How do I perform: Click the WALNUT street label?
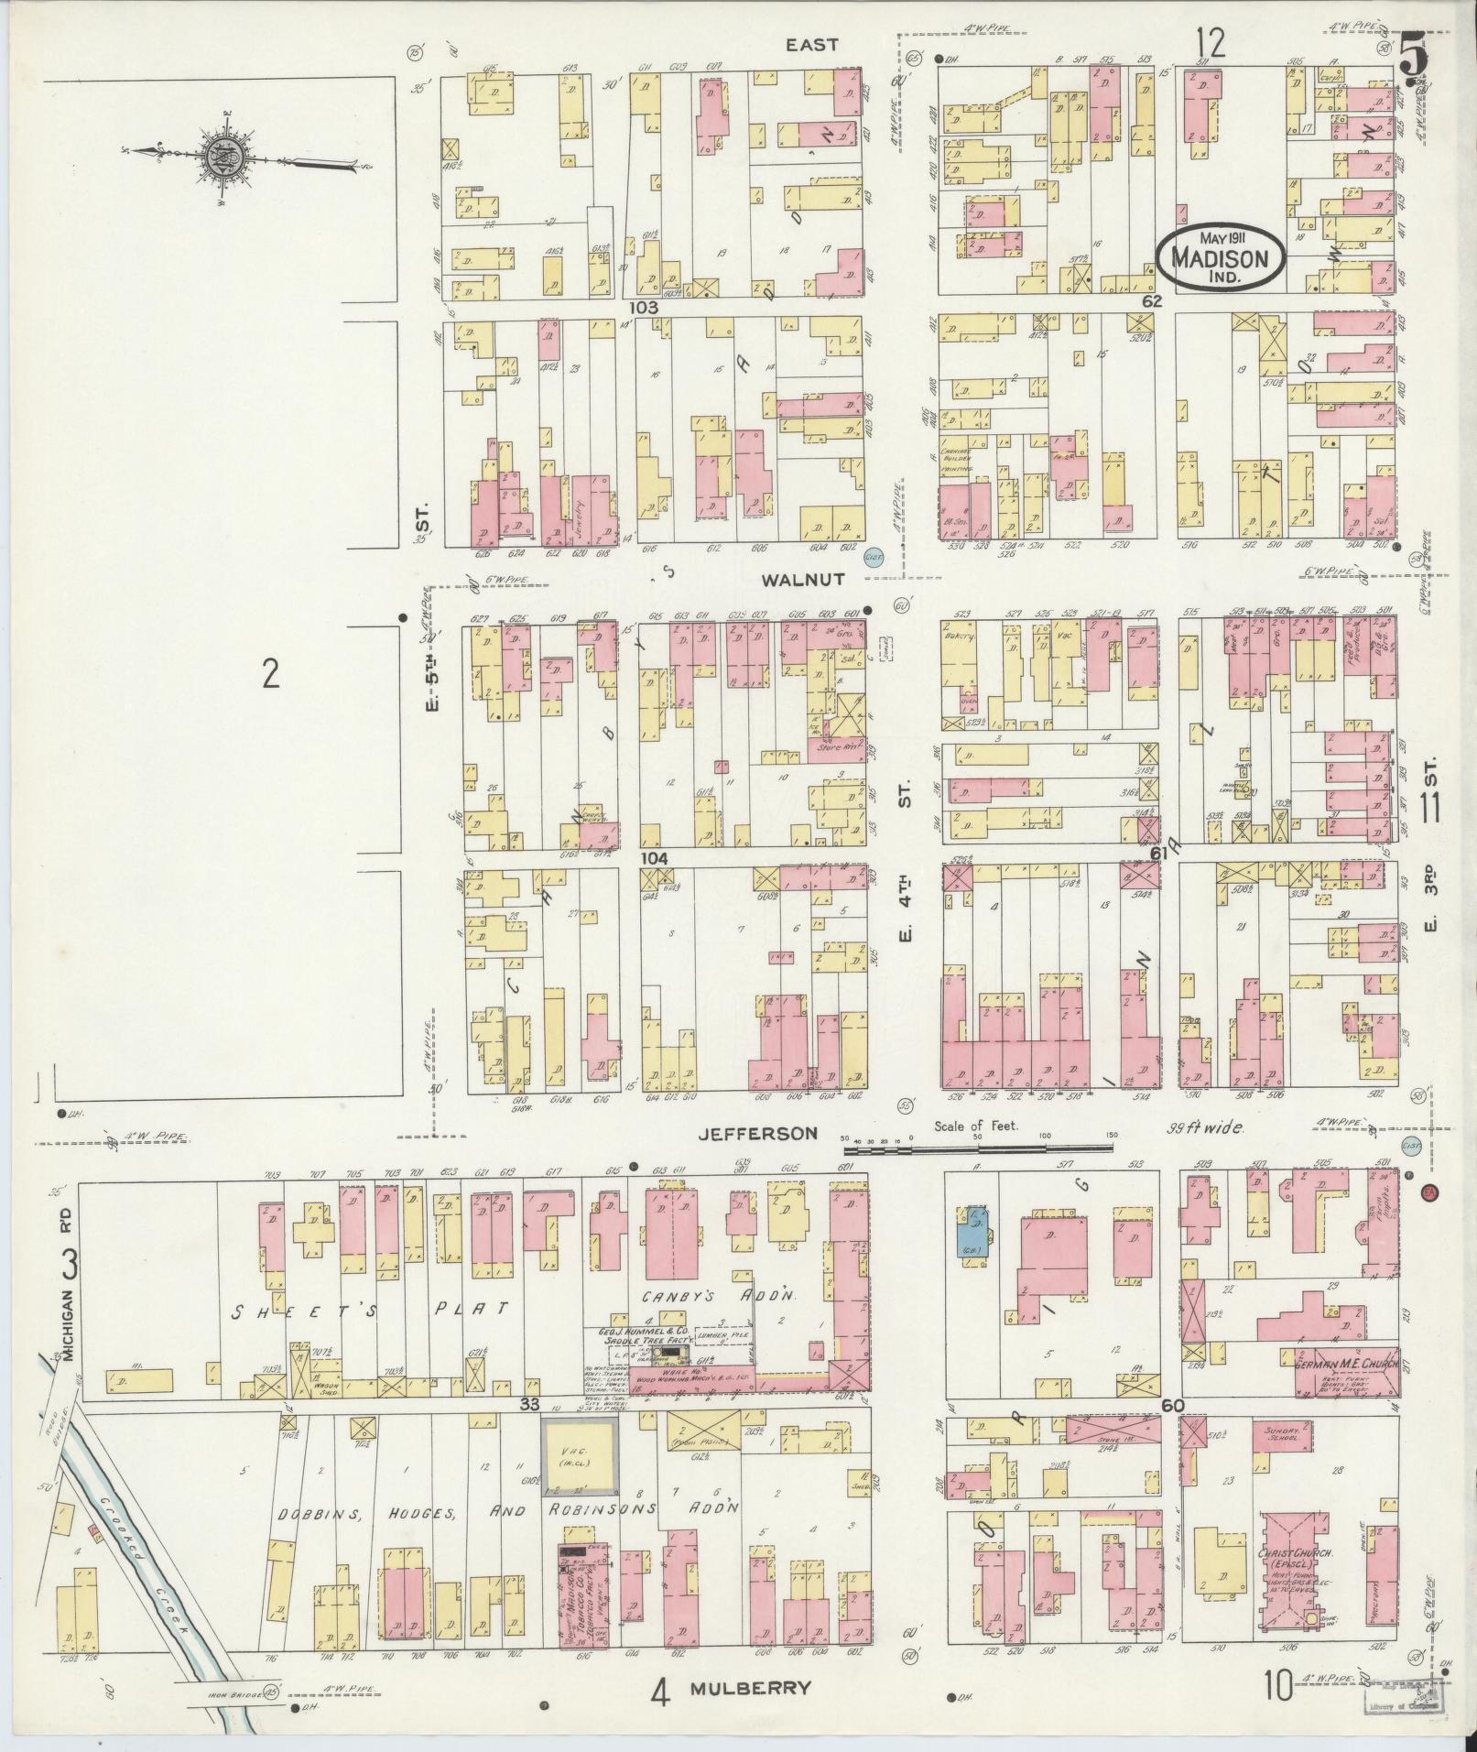tap(800, 579)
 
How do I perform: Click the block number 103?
tap(645, 309)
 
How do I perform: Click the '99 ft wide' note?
tap(1205, 1128)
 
